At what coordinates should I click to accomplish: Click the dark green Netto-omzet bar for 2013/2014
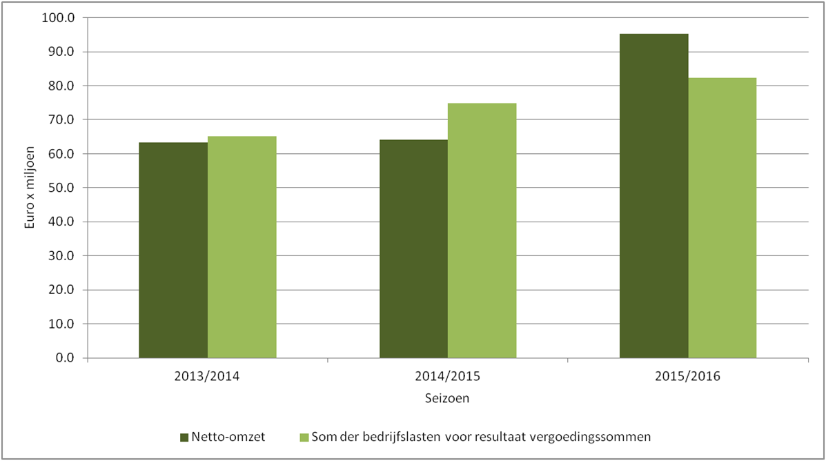pos(173,251)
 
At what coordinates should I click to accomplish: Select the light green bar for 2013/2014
pos(242,247)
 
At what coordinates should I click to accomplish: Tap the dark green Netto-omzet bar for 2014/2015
pos(413,248)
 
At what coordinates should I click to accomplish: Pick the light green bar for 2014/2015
pos(482,230)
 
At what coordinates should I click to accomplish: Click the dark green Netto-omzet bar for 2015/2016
pos(653,196)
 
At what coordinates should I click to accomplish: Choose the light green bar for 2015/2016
pos(722,218)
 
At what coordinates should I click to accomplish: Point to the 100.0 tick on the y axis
pos(58,18)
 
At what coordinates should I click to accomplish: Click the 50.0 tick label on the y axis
pos(61,188)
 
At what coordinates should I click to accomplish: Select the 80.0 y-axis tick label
pos(61,86)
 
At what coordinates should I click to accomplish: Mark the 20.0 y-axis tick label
pos(61,291)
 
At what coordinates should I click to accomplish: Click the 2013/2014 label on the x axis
pos(207,376)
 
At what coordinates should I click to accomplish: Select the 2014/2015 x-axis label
pos(448,376)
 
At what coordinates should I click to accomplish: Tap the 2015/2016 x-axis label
pos(687,376)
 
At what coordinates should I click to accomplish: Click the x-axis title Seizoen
pos(447,398)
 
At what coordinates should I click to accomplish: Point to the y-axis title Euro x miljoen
pos(30,188)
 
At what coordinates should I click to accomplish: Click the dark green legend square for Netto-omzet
pos(184,438)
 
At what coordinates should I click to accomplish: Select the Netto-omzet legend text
pos(228,437)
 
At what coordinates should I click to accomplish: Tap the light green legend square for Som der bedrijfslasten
pos(304,438)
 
